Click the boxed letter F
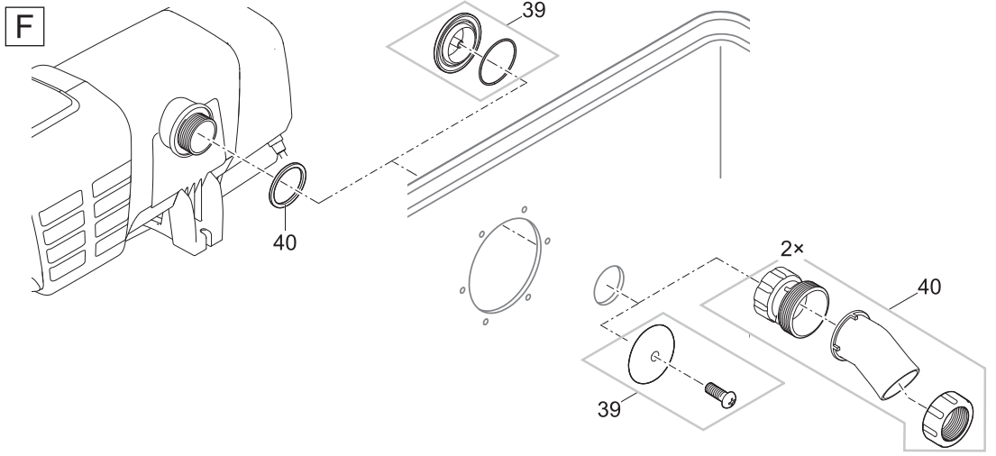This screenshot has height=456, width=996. (x=24, y=27)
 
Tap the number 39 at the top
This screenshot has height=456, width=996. (x=534, y=10)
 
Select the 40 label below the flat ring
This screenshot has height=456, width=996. (x=285, y=242)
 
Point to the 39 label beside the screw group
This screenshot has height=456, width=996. (x=609, y=410)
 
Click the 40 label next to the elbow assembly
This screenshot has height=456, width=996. (x=928, y=287)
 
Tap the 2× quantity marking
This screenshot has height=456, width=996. (x=792, y=249)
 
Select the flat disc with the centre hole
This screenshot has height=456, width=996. (x=651, y=354)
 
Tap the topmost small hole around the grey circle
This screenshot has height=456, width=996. (x=524, y=209)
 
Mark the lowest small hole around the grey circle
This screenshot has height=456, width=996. (x=486, y=322)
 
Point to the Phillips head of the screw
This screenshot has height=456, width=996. (x=730, y=397)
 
